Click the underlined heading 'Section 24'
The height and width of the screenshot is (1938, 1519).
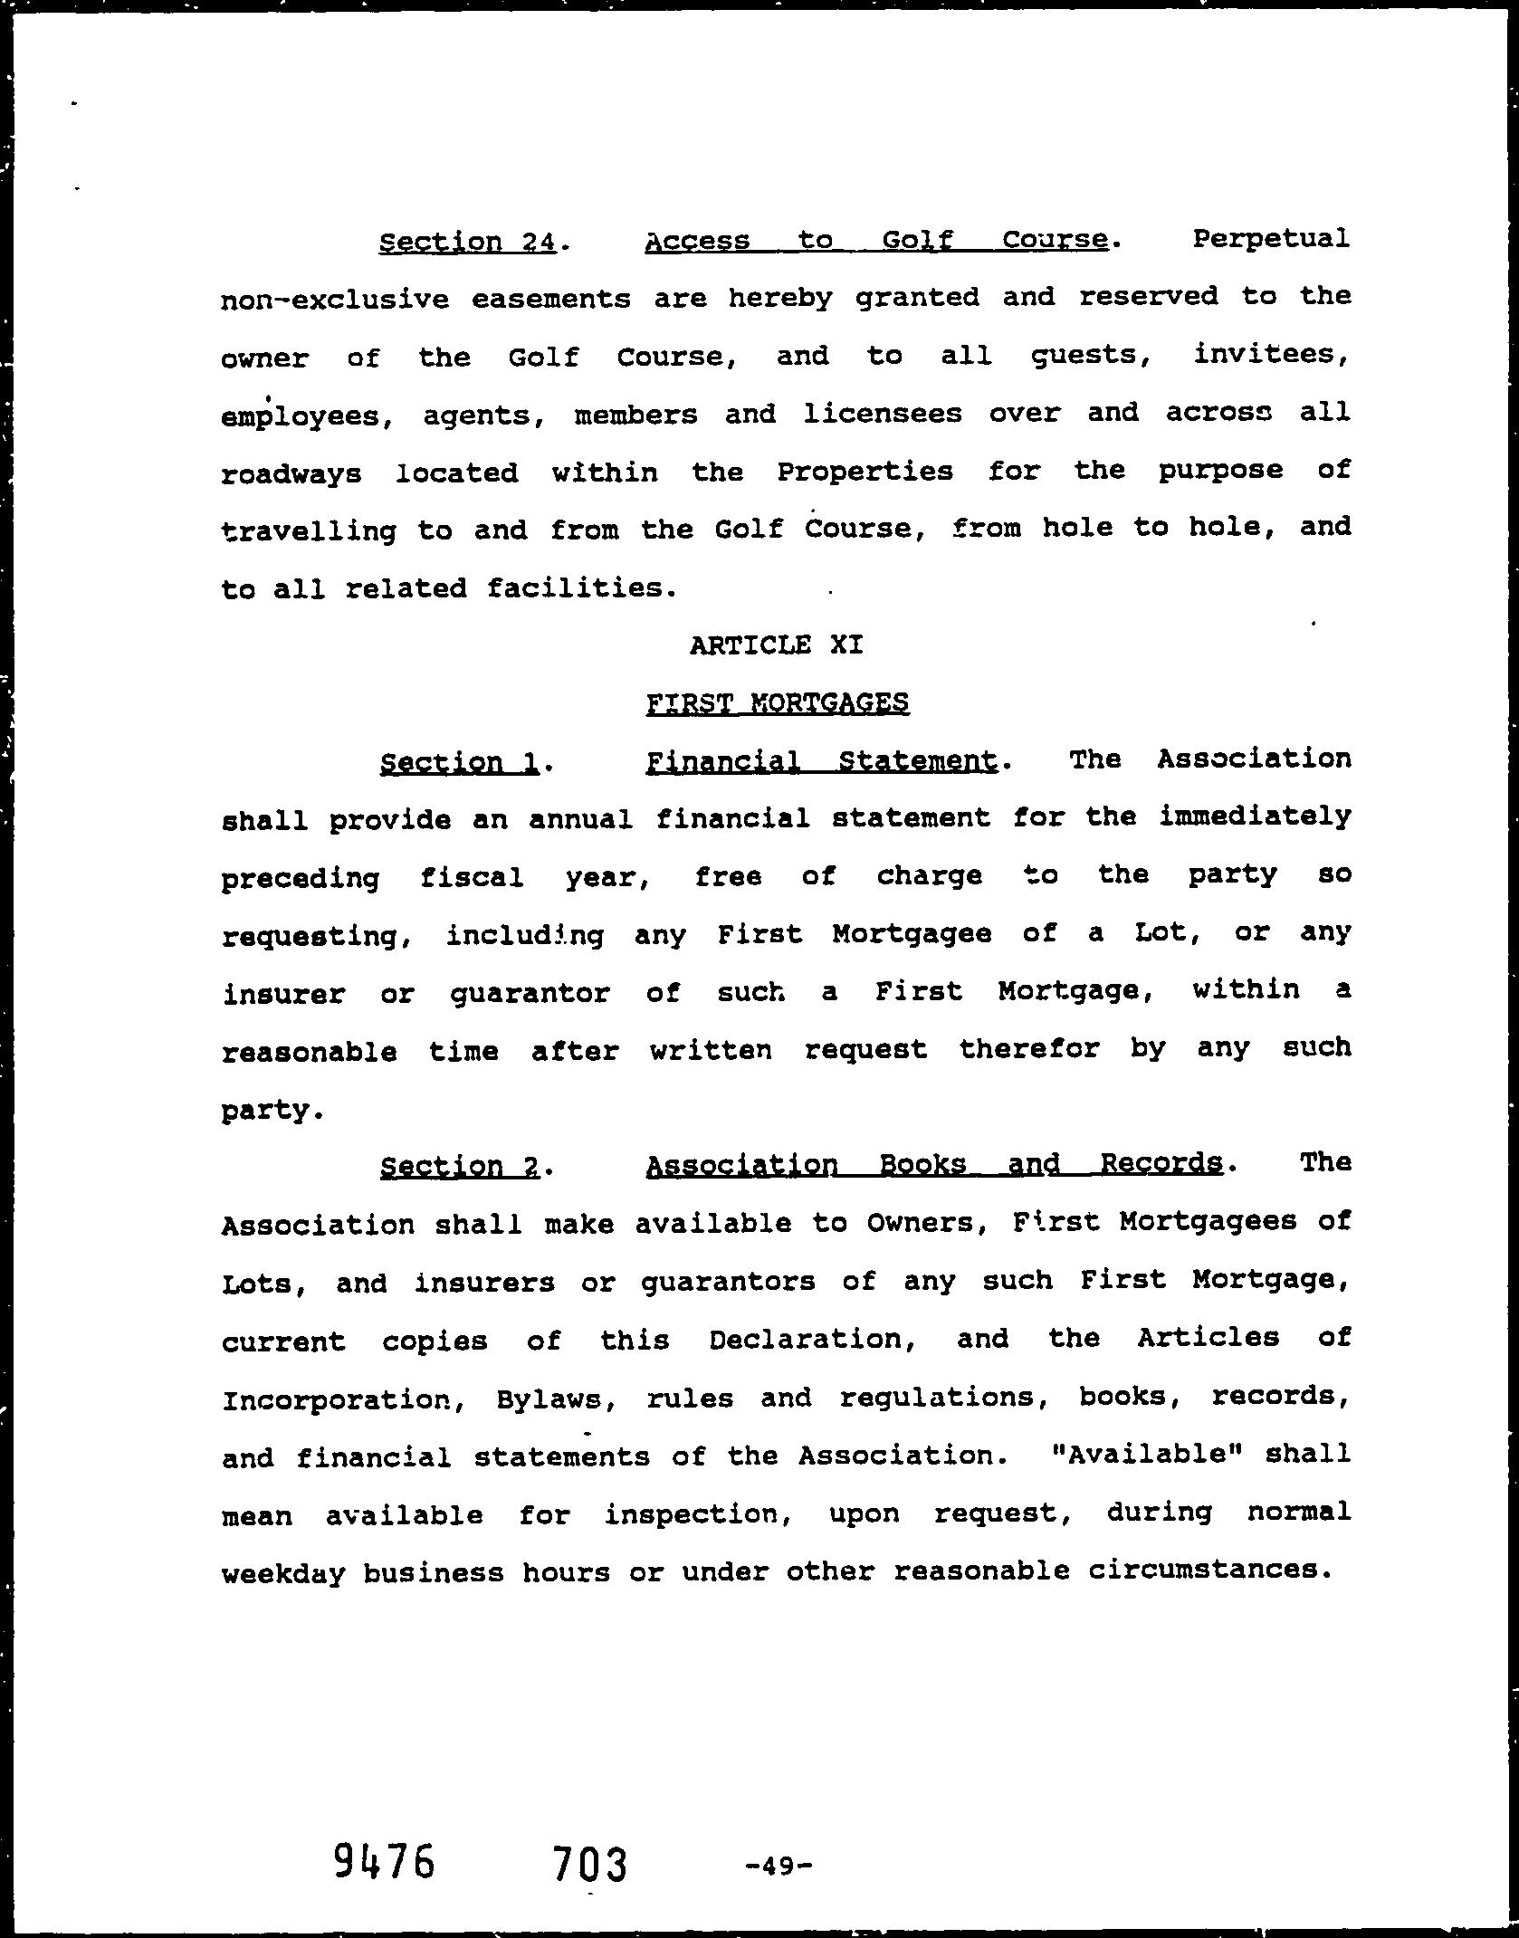point(467,242)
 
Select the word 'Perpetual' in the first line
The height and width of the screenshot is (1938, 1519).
point(1270,239)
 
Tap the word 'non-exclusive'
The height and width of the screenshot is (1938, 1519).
point(334,299)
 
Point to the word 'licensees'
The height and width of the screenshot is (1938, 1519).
point(882,414)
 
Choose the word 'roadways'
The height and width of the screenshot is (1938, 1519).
point(291,473)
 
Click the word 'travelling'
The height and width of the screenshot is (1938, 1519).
point(309,531)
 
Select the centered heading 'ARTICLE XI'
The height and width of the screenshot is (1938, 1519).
point(776,645)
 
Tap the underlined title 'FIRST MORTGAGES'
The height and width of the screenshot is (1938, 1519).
point(778,703)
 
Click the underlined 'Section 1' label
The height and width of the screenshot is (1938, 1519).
point(460,762)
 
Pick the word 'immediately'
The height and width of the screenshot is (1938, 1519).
point(1255,817)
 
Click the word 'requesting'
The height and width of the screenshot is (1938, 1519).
point(309,936)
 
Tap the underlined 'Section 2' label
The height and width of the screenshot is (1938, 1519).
point(460,1166)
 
